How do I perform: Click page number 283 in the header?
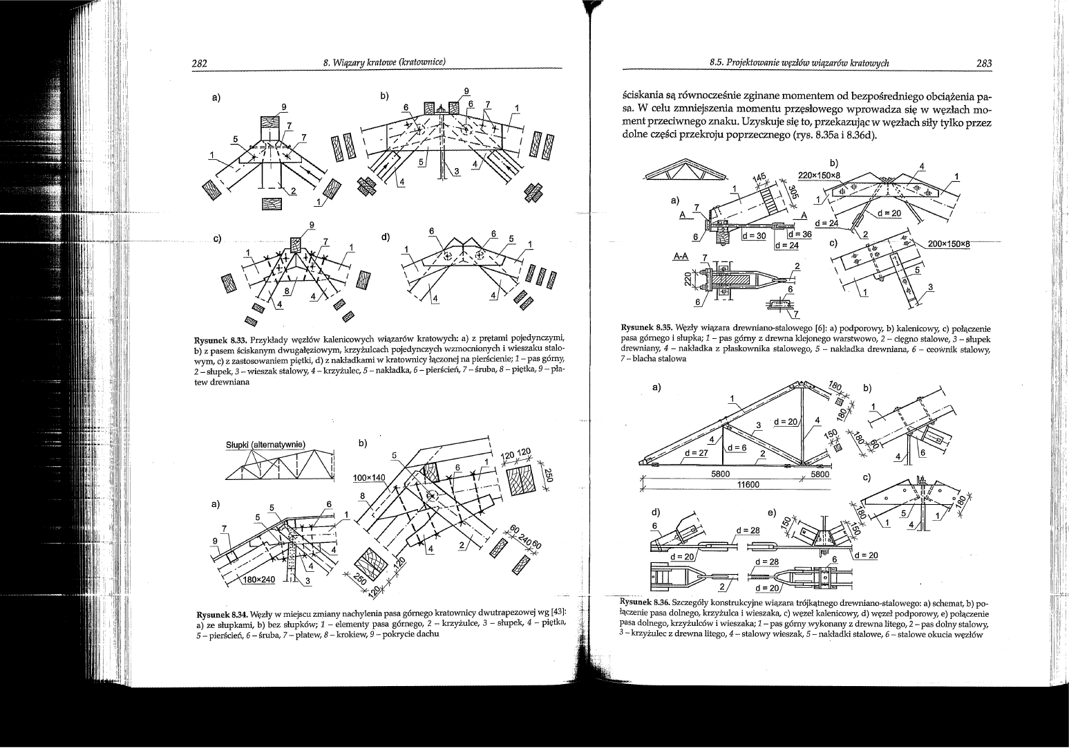point(983,64)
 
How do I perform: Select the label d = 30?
point(754,235)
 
